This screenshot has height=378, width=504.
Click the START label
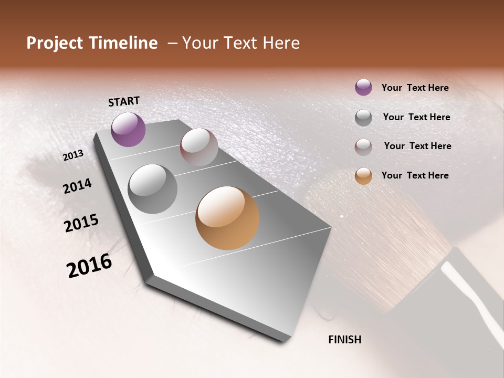tap(124, 101)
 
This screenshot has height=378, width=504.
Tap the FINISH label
tap(344, 340)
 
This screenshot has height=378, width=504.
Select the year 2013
tap(73, 155)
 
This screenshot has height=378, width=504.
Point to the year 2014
tap(77, 186)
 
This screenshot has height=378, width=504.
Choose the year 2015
tap(81, 223)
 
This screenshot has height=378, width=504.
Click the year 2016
tap(89, 266)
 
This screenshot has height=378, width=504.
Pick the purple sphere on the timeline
tap(128, 129)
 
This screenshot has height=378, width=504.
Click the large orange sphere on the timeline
tap(227, 218)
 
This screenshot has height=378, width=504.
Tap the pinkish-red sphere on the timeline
tap(199, 147)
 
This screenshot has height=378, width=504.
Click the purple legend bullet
tap(363, 88)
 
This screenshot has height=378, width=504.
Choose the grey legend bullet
tap(363, 118)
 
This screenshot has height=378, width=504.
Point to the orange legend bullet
tap(363, 176)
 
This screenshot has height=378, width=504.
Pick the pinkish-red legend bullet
tap(363, 147)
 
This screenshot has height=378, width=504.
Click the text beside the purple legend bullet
tap(415, 88)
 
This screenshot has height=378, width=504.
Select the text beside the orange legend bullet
tap(415, 175)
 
